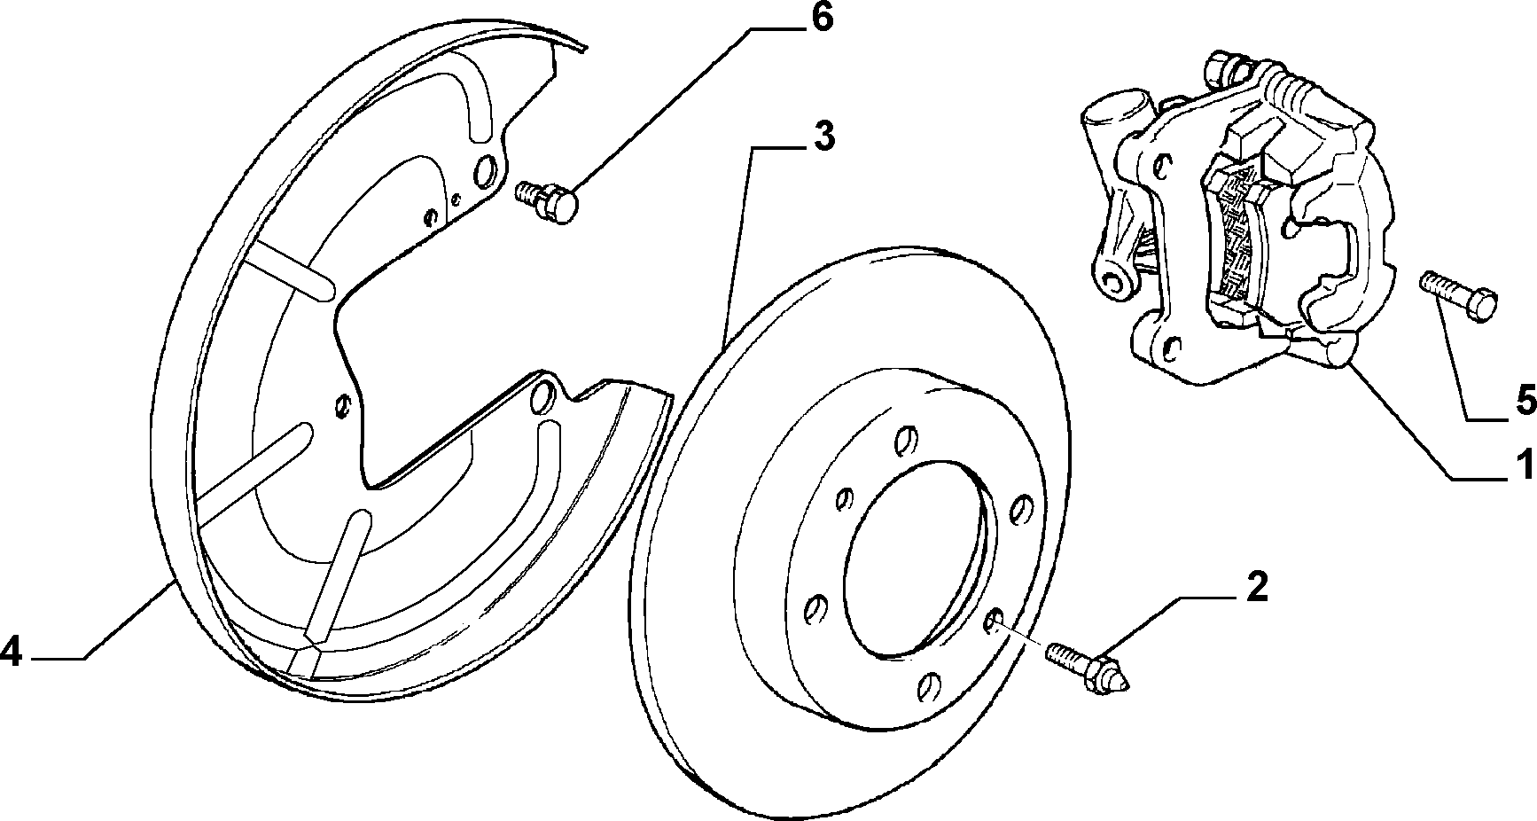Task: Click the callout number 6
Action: (x=822, y=20)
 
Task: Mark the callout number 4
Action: (x=11, y=653)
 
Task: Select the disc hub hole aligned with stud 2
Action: (x=994, y=621)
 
